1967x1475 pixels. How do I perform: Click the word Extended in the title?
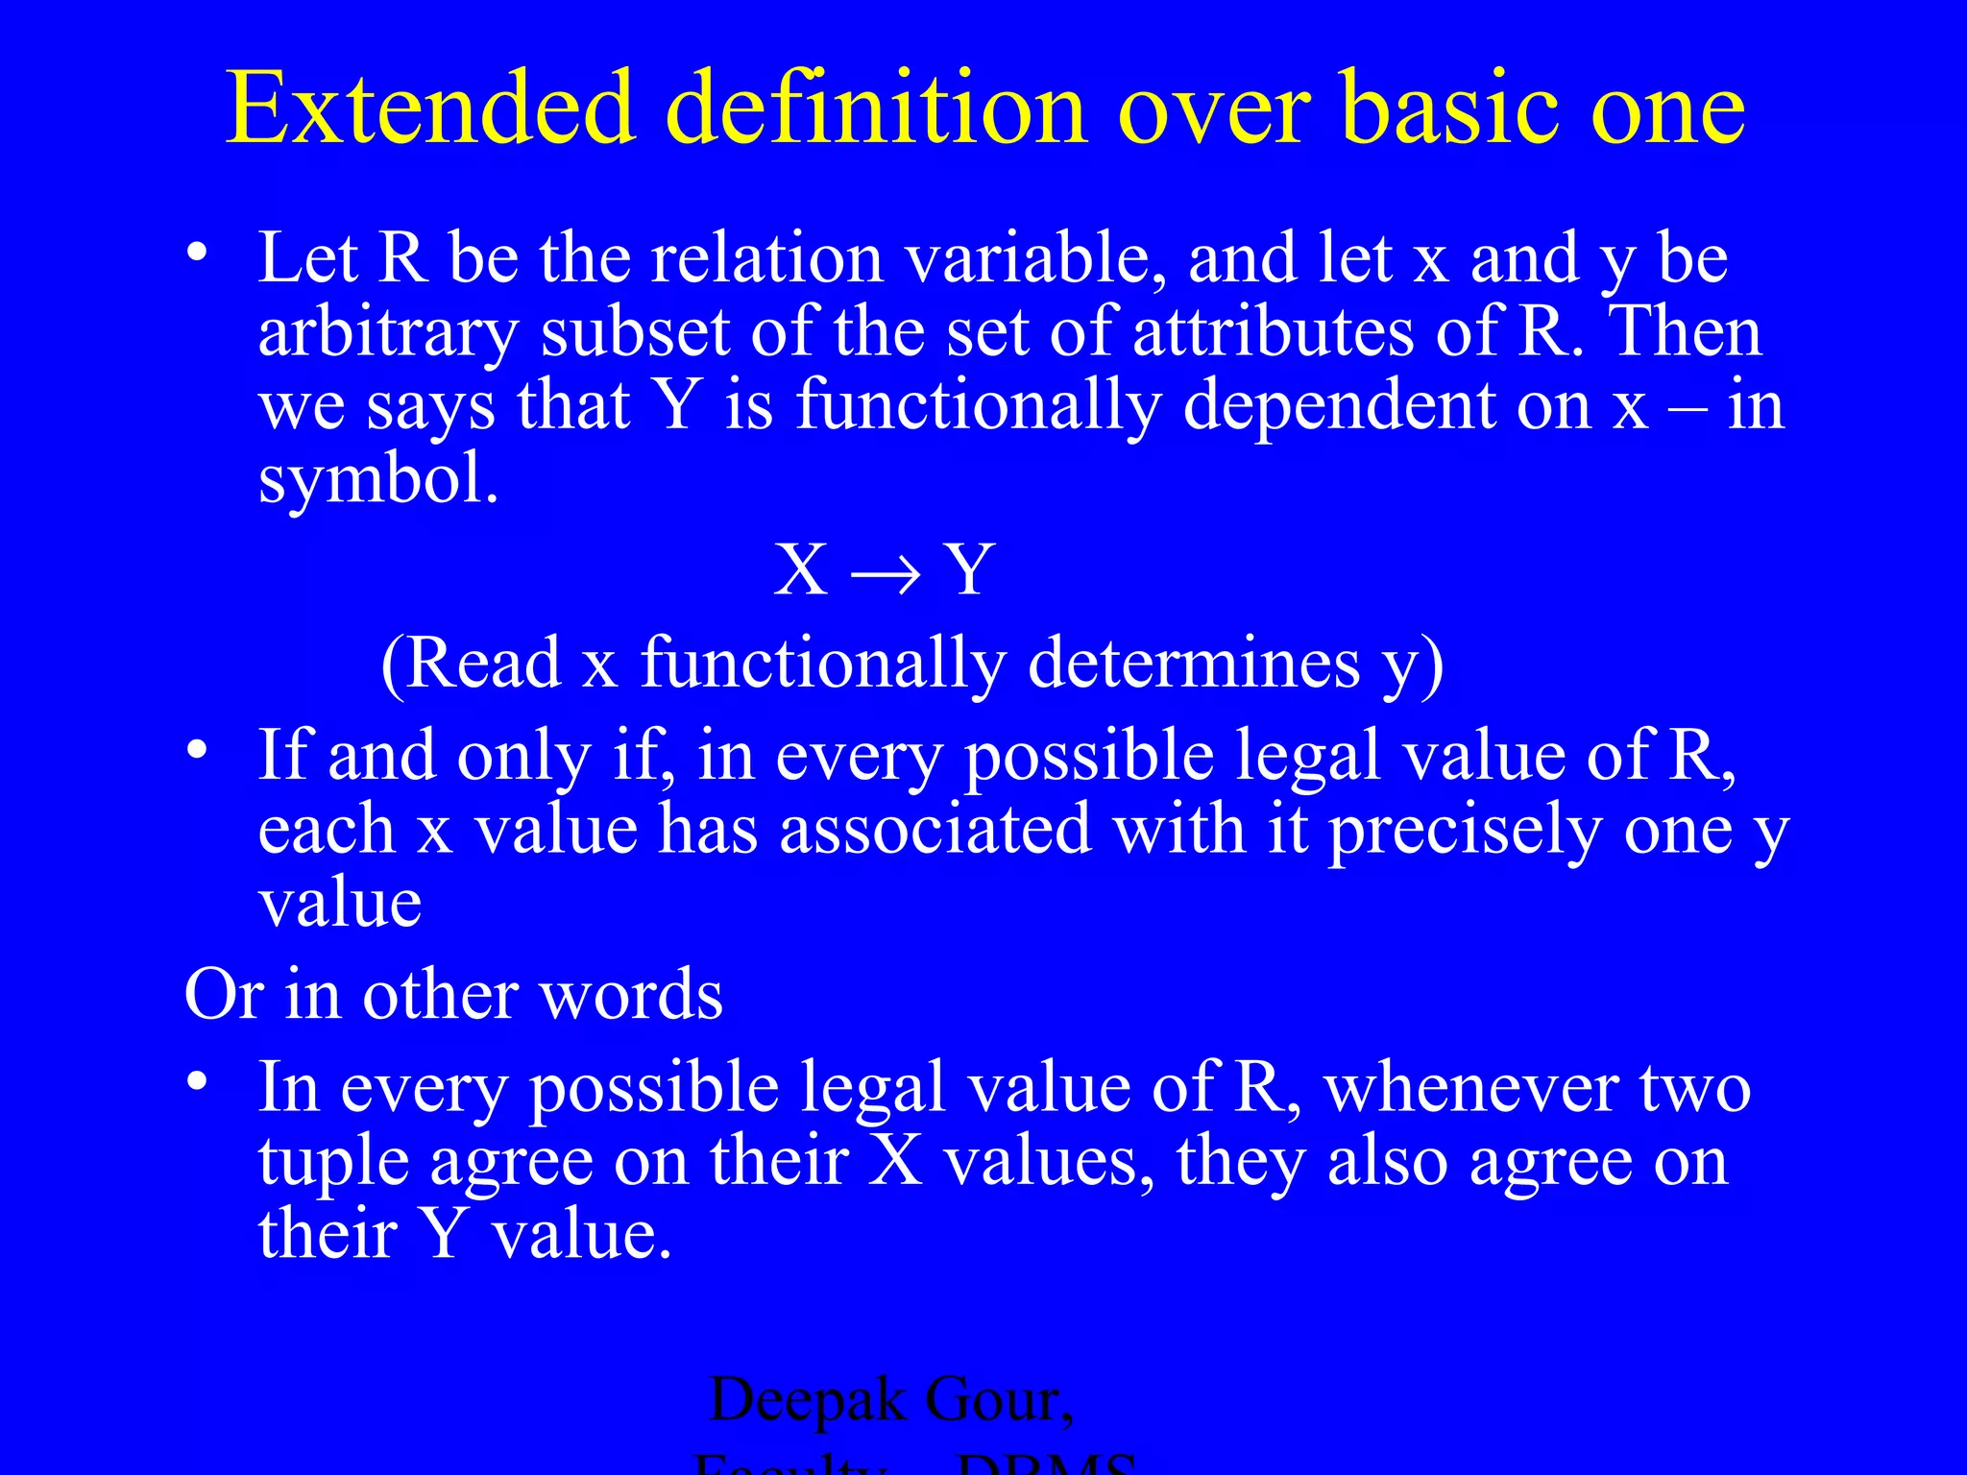(x=430, y=108)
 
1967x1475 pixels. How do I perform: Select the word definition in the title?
(x=877, y=108)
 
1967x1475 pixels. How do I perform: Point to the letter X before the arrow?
(x=801, y=570)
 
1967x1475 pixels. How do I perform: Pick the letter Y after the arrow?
(x=968, y=570)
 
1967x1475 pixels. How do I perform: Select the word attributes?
(x=1274, y=331)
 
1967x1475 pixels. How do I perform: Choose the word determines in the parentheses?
(x=1194, y=663)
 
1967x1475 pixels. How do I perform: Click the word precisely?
(x=1465, y=831)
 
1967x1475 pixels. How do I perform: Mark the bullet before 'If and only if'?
(x=197, y=750)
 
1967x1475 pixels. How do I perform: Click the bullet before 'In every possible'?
(x=197, y=1082)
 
